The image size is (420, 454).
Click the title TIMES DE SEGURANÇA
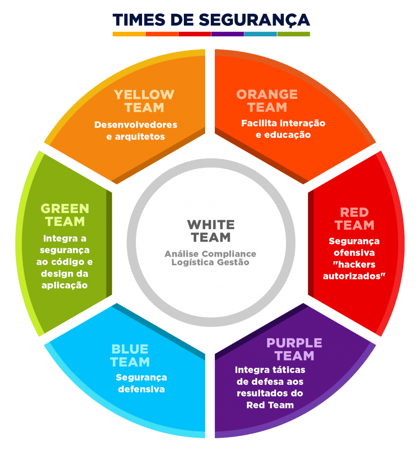click(211, 20)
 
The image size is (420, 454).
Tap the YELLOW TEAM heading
click(144, 101)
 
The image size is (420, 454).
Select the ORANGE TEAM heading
click(267, 101)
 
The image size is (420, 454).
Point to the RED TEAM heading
click(354, 219)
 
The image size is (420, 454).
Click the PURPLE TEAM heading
click(294, 349)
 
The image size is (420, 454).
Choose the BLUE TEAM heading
click(130, 356)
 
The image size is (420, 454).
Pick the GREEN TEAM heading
click(65, 215)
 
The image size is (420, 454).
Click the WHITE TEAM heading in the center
click(211, 231)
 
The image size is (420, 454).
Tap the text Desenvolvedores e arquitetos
click(135, 131)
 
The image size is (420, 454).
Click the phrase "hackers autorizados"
click(354, 270)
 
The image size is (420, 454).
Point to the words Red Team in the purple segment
click(270, 405)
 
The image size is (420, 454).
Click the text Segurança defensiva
click(141, 384)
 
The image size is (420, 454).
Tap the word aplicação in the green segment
click(65, 285)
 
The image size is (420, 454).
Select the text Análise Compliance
click(210, 254)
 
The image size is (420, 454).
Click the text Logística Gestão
click(210, 262)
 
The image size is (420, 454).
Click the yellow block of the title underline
click(129, 34)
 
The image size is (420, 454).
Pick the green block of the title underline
click(293, 34)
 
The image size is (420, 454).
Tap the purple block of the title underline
click(227, 34)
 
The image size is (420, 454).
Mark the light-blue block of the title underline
click(261, 34)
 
